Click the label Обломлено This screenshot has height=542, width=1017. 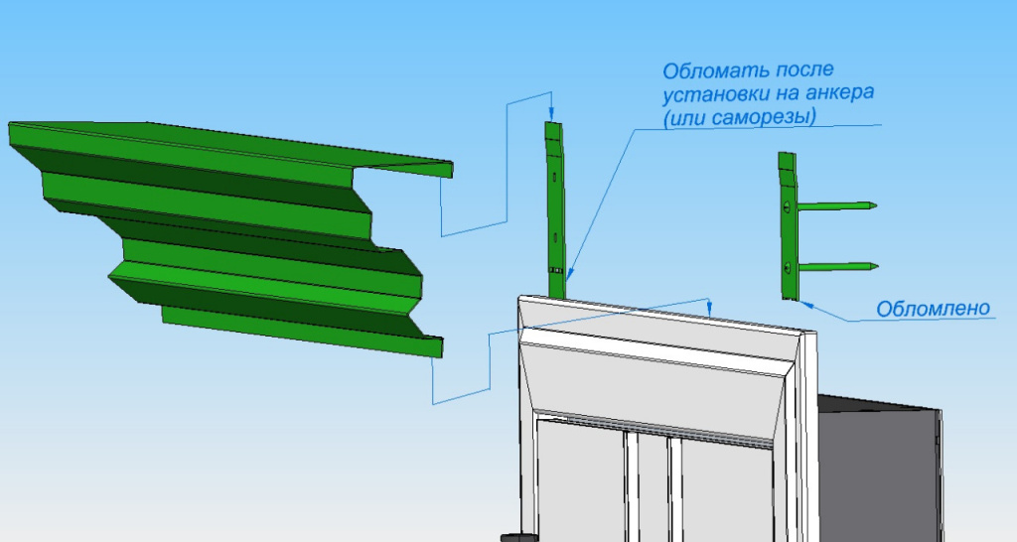point(933,309)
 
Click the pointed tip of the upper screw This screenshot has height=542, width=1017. point(876,205)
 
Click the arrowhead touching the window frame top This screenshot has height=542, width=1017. point(711,310)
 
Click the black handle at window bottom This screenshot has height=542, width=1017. point(515,536)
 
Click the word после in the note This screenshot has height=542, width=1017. point(802,71)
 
